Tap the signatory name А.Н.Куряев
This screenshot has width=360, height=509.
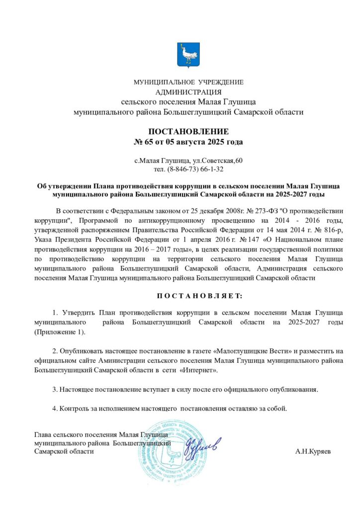pos(312,452)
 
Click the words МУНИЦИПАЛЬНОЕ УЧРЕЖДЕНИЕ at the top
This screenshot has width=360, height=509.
pos(188,82)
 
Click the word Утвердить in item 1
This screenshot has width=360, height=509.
pos(79,312)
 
